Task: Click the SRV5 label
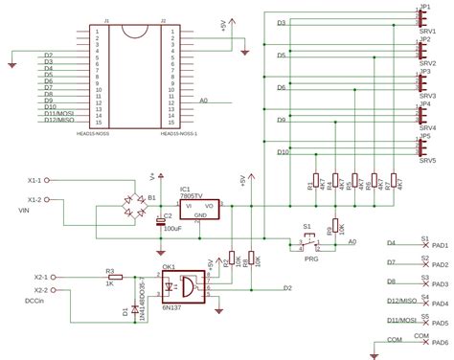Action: (x=427, y=160)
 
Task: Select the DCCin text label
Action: (x=34, y=301)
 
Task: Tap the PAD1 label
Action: (x=440, y=245)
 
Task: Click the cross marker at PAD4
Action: (x=424, y=303)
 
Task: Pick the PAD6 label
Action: (x=440, y=343)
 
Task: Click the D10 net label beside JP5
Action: (x=283, y=152)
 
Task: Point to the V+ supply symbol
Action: (x=153, y=176)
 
